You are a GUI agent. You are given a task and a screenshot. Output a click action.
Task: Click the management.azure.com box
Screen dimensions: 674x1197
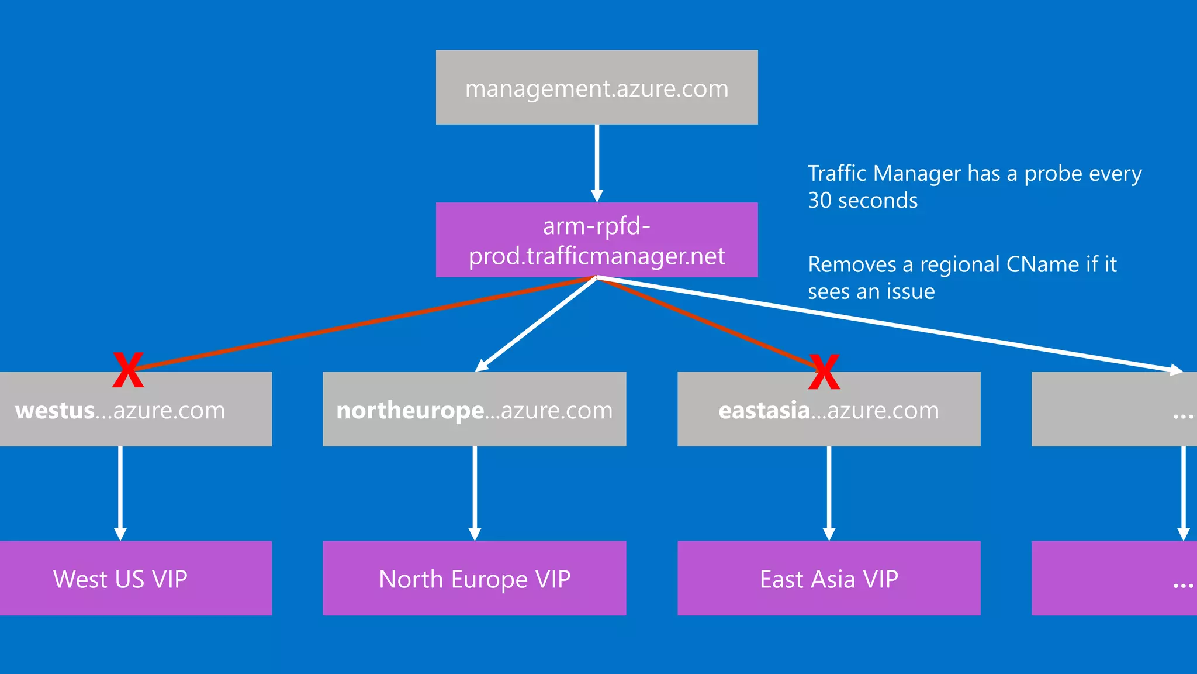(597, 87)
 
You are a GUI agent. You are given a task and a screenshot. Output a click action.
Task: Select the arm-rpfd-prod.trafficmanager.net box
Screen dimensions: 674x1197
(597, 240)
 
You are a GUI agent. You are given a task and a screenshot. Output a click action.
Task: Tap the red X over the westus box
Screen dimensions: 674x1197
(128, 370)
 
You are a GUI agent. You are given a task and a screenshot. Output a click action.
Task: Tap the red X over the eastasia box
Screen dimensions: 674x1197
(824, 372)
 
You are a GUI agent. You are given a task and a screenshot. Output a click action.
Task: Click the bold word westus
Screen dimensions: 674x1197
(55, 411)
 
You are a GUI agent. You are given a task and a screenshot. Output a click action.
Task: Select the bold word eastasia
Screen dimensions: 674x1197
(764, 411)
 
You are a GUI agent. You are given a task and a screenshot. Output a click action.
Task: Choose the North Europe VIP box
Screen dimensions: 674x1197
(475, 579)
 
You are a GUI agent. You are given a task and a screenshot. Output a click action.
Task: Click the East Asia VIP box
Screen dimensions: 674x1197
(829, 579)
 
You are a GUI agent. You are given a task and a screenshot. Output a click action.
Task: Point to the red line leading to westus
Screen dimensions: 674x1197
(362, 324)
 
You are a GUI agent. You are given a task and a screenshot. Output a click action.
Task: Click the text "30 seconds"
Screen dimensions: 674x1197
(863, 201)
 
